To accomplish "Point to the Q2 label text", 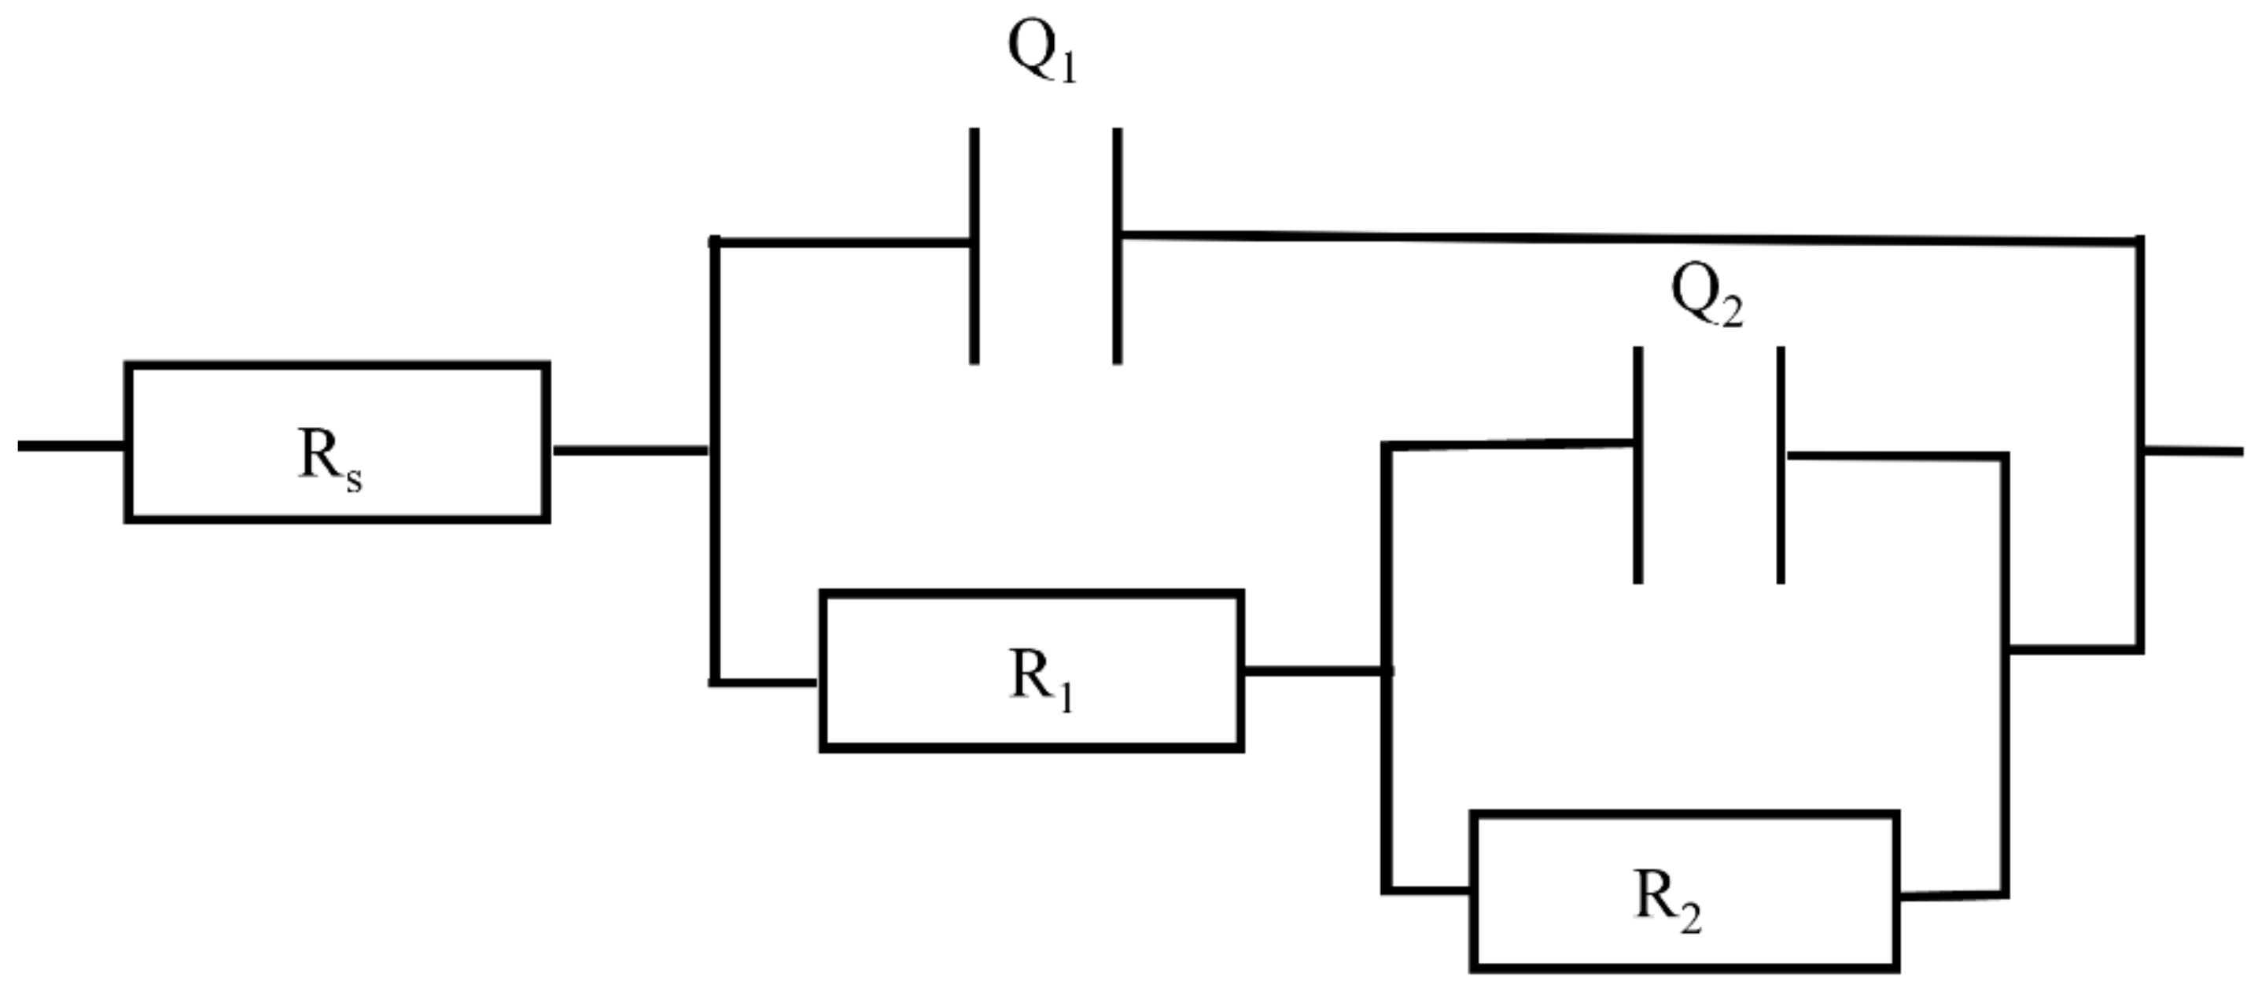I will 1707,297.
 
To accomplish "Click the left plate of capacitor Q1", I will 974,246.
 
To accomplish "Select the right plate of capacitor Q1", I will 1117,246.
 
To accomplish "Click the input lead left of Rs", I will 70,446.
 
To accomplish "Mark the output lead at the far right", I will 2194,452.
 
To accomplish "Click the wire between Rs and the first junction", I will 631,451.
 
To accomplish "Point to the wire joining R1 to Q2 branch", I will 1314,671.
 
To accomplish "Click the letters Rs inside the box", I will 330,457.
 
